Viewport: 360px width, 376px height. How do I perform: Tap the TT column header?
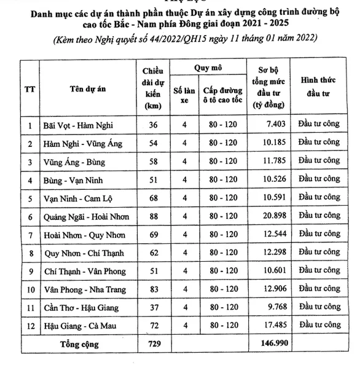tap(29, 88)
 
